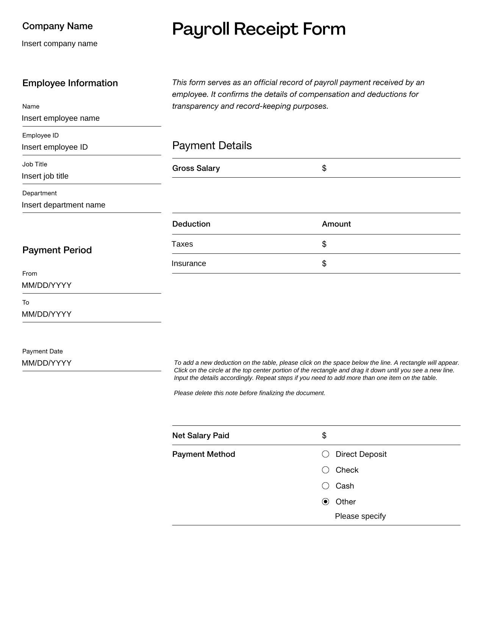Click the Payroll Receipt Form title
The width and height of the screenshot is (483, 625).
[x=259, y=29]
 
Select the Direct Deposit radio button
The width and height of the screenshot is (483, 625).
[x=325, y=454]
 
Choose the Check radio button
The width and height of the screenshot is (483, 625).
[x=325, y=470]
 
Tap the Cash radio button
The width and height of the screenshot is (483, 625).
[x=325, y=486]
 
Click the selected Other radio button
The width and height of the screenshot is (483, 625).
[x=325, y=502]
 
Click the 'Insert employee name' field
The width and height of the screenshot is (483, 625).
[x=61, y=118]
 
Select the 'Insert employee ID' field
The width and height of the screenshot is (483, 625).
[x=55, y=147]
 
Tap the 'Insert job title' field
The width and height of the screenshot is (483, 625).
[x=45, y=176]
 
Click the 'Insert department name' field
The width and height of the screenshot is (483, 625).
[x=63, y=205]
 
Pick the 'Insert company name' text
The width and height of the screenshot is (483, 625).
[x=59, y=44]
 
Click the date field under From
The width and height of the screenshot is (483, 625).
[x=47, y=285]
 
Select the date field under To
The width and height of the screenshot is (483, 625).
[x=47, y=314]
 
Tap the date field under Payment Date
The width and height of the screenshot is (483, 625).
[x=47, y=363]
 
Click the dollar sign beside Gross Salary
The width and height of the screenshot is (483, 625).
[x=324, y=168]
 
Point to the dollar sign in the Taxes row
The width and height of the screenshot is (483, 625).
[x=324, y=244]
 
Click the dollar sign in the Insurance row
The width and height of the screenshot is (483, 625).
[x=324, y=263]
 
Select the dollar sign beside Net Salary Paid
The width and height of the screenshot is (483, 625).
[x=324, y=436]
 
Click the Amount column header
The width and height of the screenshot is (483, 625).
[x=336, y=224]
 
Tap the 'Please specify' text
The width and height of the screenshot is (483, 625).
[x=360, y=516]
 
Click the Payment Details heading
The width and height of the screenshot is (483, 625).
[x=212, y=146]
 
